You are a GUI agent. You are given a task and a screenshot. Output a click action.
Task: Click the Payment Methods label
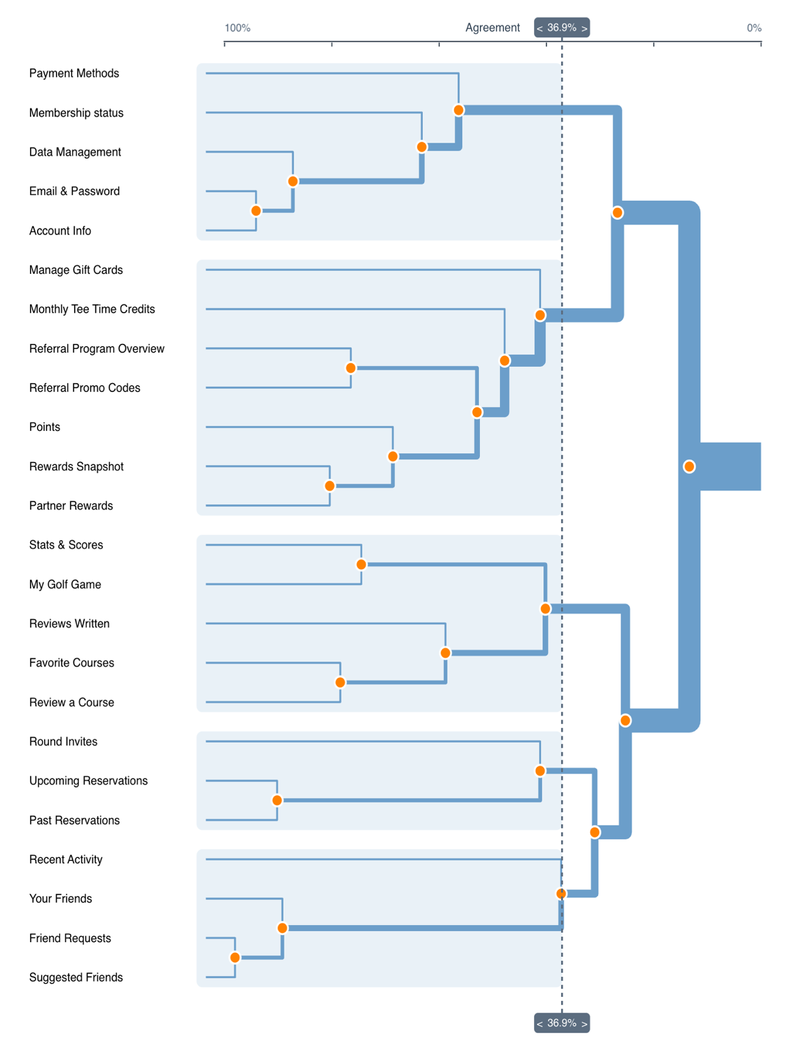tap(74, 73)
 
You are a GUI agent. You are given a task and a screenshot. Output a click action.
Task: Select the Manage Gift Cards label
tap(76, 270)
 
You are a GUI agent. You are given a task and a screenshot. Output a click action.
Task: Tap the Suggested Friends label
tap(76, 977)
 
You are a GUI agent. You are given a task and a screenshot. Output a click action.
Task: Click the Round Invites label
tap(63, 742)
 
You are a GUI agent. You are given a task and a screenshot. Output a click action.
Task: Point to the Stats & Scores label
tap(66, 545)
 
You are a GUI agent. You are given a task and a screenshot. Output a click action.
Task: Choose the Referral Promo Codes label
tap(85, 388)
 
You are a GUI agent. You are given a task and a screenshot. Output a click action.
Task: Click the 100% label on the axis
tap(237, 28)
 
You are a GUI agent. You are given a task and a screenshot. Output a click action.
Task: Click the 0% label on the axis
tap(754, 28)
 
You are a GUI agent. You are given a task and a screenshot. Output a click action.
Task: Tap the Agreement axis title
tap(492, 28)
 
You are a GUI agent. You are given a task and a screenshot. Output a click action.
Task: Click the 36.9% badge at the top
tap(562, 28)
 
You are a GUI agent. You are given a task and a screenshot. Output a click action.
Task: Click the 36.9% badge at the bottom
tap(562, 1023)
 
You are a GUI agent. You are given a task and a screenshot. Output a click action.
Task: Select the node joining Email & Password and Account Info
tap(256, 211)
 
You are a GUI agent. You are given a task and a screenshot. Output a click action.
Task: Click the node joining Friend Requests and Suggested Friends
tap(235, 957)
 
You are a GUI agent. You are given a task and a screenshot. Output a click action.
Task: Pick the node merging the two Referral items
tap(351, 368)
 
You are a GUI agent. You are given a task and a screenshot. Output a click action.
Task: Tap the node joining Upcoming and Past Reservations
tap(277, 801)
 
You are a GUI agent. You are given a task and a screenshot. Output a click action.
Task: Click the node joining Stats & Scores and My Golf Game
tap(361, 564)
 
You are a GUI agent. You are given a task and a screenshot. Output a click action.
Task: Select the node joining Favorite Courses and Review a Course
tap(340, 682)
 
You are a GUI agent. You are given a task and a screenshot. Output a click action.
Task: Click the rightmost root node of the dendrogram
tap(689, 467)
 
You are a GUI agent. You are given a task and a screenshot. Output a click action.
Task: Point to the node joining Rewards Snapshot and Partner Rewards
tap(330, 486)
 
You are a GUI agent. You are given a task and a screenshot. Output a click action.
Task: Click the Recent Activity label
tap(66, 859)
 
